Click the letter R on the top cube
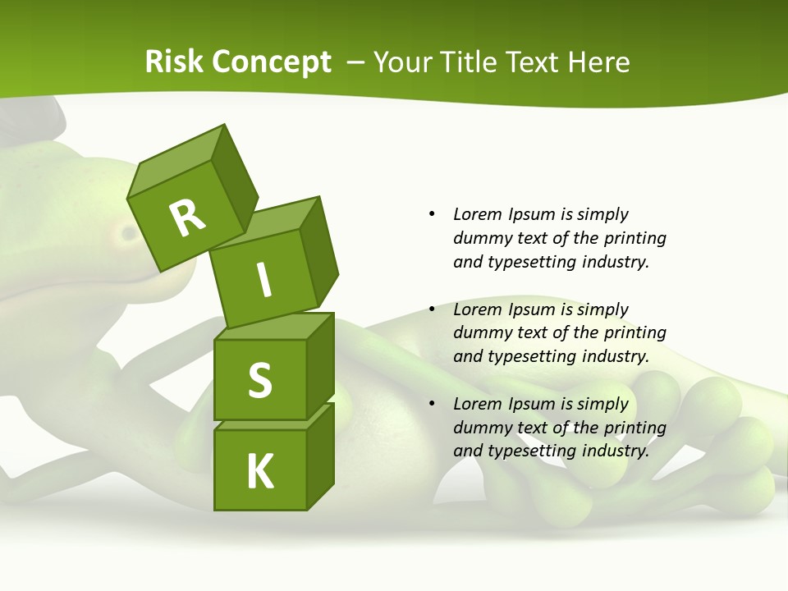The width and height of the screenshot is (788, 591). [187, 218]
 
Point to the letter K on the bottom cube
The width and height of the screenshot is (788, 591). [259, 471]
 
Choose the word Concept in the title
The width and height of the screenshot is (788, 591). [271, 62]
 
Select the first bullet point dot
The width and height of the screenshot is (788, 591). [432, 214]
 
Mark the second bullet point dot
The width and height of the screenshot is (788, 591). [432, 309]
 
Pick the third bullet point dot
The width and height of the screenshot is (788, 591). [432, 404]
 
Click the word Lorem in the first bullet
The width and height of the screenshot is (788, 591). [478, 214]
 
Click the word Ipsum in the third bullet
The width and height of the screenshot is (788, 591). [532, 404]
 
